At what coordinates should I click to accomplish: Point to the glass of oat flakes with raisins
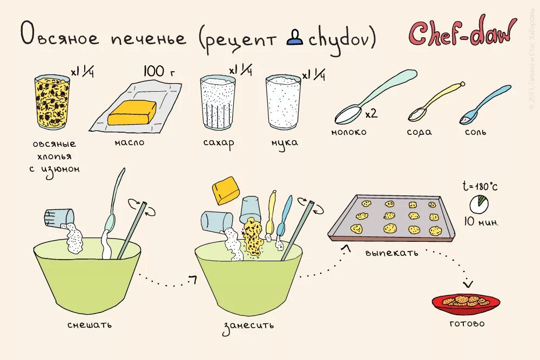(x=52, y=103)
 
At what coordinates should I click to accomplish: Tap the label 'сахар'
(x=219, y=144)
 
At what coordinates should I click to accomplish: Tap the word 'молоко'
(x=349, y=132)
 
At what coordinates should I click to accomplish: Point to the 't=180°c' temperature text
(x=480, y=186)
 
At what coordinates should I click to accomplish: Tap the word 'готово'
(x=467, y=324)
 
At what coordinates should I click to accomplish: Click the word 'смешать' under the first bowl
(x=90, y=325)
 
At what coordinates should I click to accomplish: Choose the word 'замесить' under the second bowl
(x=248, y=325)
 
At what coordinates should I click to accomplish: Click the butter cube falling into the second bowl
(x=226, y=190)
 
